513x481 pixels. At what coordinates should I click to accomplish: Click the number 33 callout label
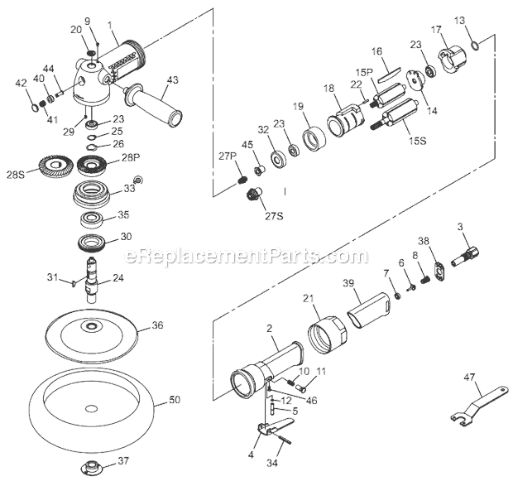(x=129, y=189)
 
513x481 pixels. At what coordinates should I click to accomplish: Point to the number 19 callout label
(x=298, y=106)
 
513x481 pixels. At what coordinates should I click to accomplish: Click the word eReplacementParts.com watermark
(x=256, y=257)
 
